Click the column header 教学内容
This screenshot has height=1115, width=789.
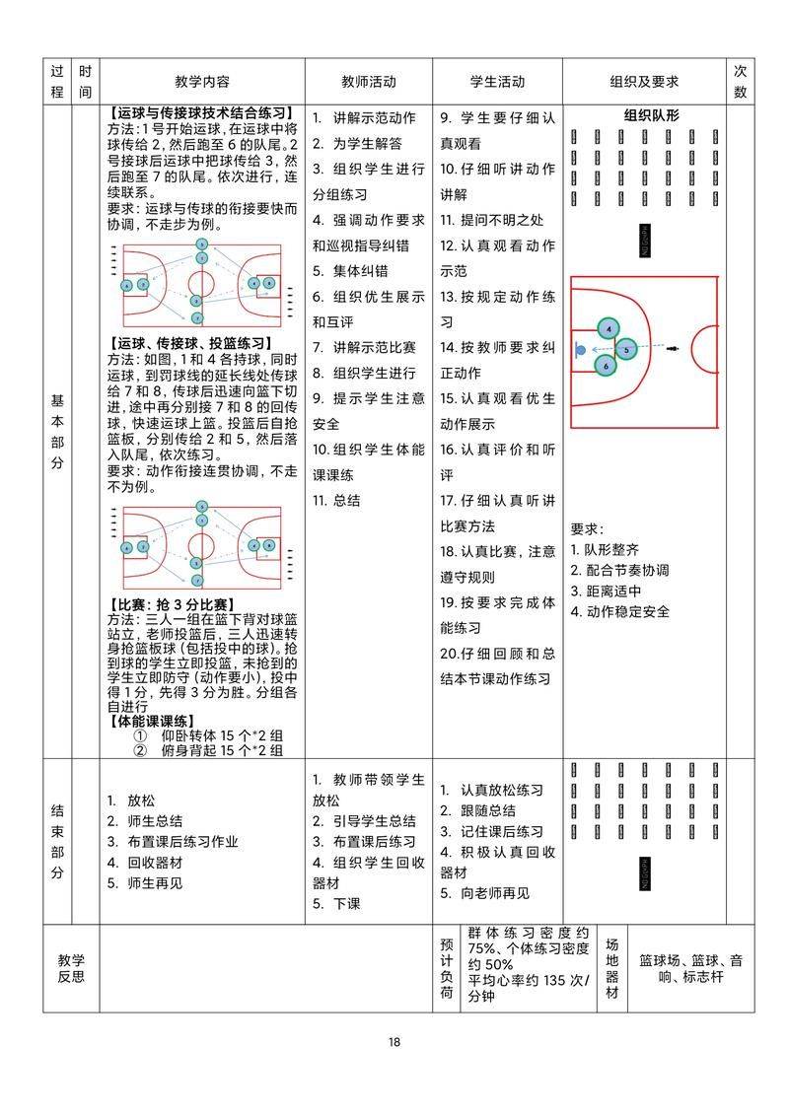202,82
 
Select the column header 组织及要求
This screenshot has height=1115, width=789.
644,82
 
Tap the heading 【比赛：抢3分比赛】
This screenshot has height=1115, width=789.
169,604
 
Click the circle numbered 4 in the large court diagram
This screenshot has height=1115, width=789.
610,328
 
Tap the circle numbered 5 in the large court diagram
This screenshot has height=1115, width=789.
626,348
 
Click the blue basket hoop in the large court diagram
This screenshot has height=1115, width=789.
580,349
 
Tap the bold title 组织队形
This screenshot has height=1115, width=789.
651,115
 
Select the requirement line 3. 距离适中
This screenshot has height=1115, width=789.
607,591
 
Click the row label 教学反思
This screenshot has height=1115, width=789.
71,968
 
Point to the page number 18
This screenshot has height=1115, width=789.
394,1042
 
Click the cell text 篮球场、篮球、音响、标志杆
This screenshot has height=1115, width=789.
690,968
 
